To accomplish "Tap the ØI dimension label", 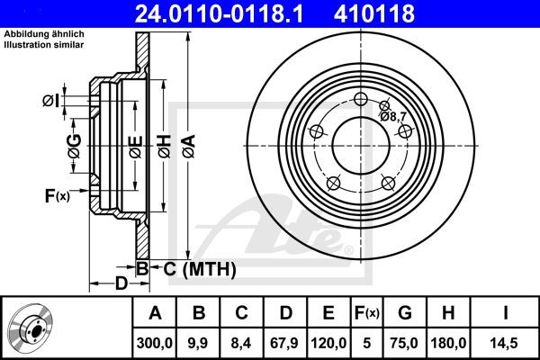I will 51,101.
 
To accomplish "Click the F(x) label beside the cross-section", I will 56,195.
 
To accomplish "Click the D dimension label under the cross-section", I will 120,285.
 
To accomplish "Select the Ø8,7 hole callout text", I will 395,116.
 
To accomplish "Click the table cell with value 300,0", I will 154,342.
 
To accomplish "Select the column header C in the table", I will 241,313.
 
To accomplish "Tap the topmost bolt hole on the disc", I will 362,100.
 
